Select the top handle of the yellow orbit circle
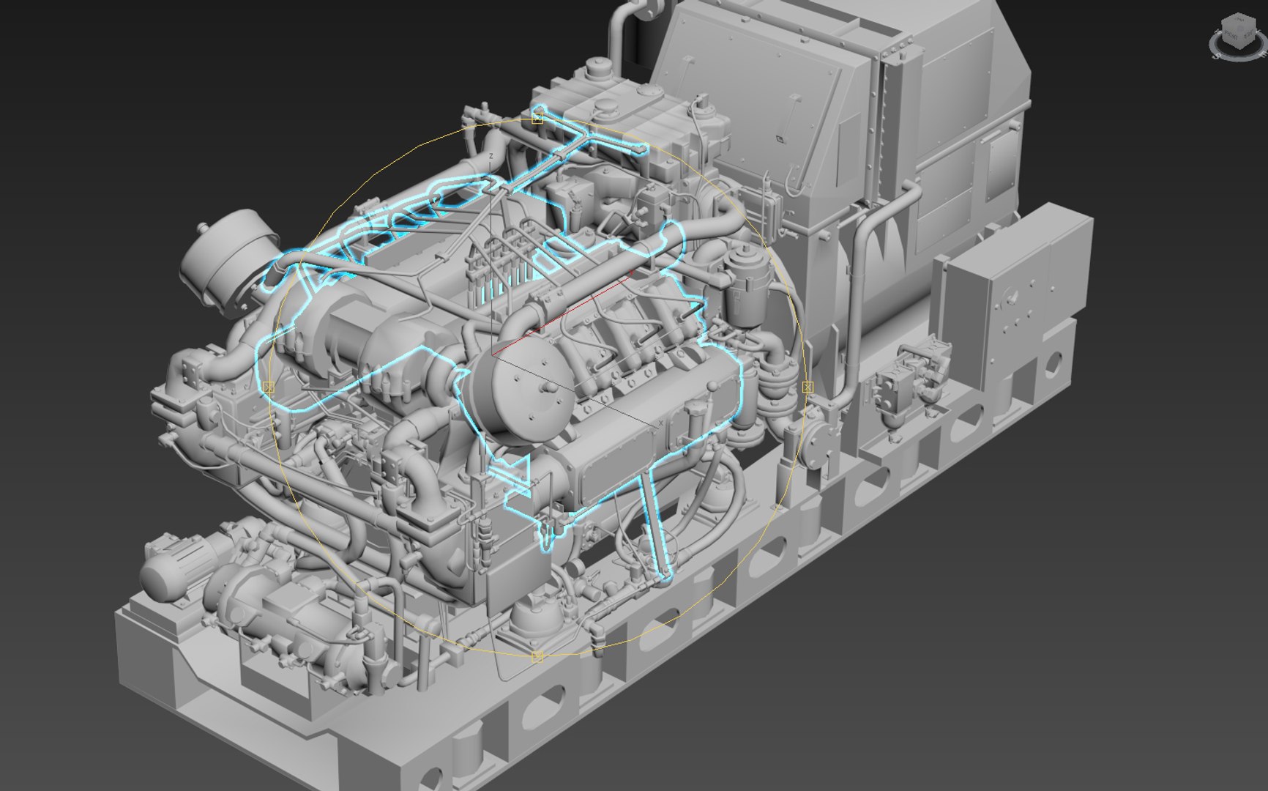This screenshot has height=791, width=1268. [537, 118]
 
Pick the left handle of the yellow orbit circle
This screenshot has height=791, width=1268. [268, 386]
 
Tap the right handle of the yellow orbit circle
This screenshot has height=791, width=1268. [807, 386]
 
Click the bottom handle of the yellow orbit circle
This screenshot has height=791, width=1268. [537, 657]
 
